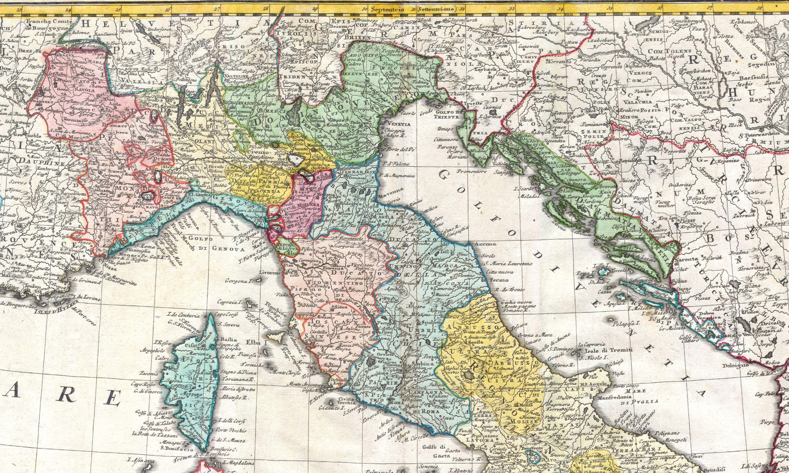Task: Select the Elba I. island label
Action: click(x=257, y=343)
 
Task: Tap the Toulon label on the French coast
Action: click(x=32, y=287)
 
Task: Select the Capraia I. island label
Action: click(x=229, y=302)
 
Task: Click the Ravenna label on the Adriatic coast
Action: click(x=391, y=192)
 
